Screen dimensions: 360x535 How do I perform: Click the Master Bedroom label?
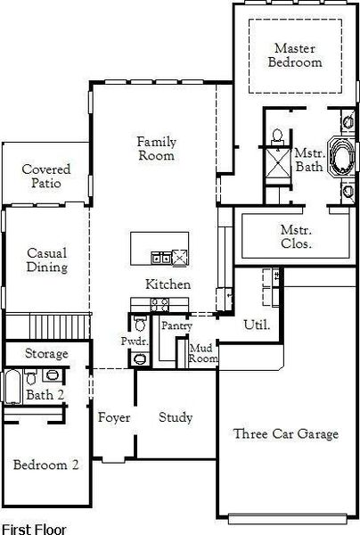click(x=295, y=55)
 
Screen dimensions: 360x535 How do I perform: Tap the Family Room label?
click(x=157, y=148)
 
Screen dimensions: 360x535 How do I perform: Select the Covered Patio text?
click(x=46, y=176)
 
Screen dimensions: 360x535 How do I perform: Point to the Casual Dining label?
click(x=47, y=260)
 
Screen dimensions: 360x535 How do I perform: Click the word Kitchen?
click(x=168, y=284)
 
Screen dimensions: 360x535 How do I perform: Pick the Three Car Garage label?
click(x=286, y=434)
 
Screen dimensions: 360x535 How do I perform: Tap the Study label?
click(x=176, y=417)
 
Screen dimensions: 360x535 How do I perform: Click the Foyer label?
click(x=114, y=417)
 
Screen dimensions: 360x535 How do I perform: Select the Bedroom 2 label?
click(x=45, y=465)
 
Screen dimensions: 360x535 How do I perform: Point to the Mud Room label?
click(x=203, y=353)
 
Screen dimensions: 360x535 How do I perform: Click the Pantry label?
click(x=176, y=325)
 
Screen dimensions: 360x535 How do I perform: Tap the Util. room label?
click(x=257, y=325)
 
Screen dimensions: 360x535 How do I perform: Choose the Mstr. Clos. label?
click(x=296, y=236)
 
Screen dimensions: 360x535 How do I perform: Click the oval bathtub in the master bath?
click(x=341, y=156)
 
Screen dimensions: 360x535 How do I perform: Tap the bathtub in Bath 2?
click(x=12, y=387)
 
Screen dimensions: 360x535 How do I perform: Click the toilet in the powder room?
click(x=140, y=324)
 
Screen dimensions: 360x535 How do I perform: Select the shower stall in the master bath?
click(x=278, y=163)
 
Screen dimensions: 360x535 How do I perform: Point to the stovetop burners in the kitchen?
click(x=160, y=305)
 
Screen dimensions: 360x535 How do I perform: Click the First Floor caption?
click(x=34, y=529)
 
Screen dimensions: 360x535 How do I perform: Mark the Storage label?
click(x=46, y=354)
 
